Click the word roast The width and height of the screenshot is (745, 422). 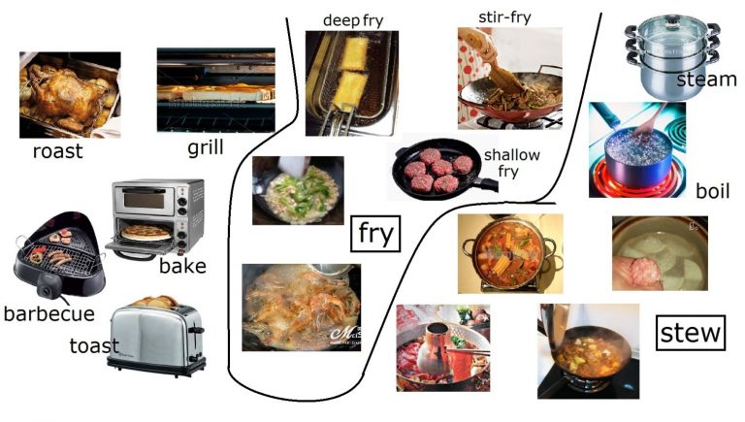pyautogui.click(x=58, y=151)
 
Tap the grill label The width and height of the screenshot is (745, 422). pyautogui.click(x=206, y=147)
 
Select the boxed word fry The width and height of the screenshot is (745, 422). pyautogui.click(x=374, y=234)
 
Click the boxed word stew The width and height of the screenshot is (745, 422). pyautogui.click(x=691, y=333)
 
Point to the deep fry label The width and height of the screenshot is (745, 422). pyautogui.click(x=354, y=19)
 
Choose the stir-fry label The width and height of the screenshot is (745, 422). pyautogui.click(x=505, y=16)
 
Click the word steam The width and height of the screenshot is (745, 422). pyautogui.click(x=706, y=80)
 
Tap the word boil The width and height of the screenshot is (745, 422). pyautogui.click(x=712, y=190)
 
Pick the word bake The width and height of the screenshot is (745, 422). pyautogui.click(x=182, y=266)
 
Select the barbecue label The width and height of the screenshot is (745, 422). pyautogui.click(x=49, y=314)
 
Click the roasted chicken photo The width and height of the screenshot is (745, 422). pyautogui.click(x=69, y=95)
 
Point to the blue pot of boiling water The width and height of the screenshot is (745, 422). pyautogui.click(x=636, y=153)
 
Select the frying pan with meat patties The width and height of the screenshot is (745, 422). pyautogui.click(x=435, y=171)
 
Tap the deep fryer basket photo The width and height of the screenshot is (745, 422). pyautogui.click(x=351, y=82)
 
